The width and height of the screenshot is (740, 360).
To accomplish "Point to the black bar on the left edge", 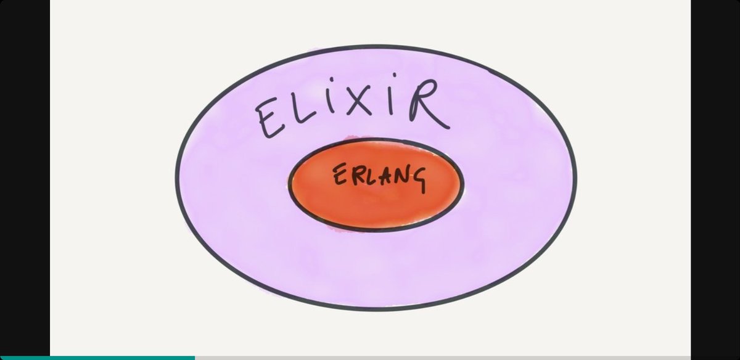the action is [x=25, y=179].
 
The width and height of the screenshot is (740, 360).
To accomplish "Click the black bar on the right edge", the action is [x=715, y=179].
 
